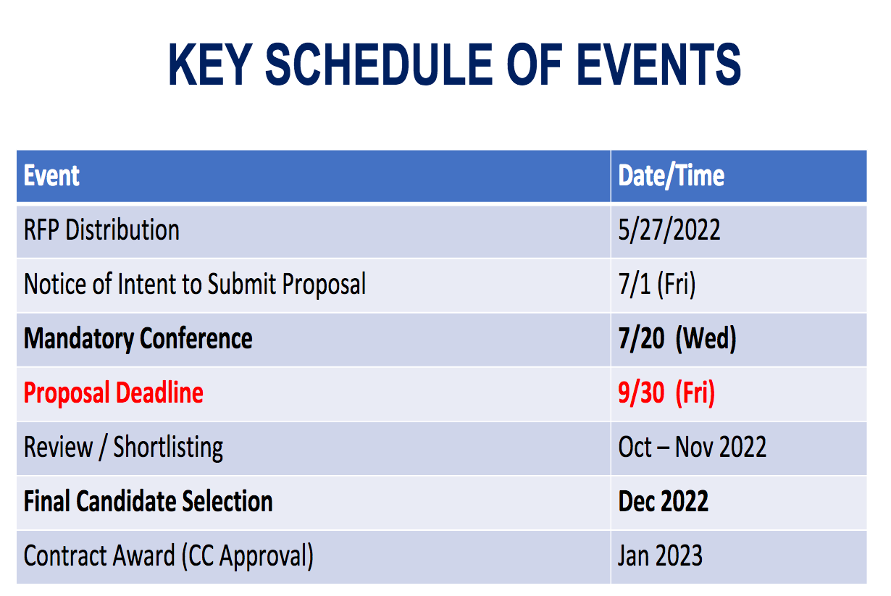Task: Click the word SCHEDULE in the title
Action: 379,64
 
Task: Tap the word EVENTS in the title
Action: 658,64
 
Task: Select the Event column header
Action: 51,175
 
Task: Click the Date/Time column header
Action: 671,175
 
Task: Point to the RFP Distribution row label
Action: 101,230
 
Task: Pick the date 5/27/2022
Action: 669,230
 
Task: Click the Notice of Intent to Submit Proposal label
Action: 195,284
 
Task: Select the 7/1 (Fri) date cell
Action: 657,284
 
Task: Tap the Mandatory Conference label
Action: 138,339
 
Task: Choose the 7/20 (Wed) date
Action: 677,339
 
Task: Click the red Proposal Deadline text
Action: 113,393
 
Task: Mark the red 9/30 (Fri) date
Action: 666,393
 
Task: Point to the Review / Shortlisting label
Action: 123,448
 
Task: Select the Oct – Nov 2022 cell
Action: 692,447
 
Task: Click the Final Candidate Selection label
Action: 148,501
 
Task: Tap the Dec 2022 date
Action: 663,501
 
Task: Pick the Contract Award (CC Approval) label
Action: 169,556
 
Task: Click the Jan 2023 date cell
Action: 661,555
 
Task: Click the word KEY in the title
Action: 210,64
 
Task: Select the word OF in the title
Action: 534,64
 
